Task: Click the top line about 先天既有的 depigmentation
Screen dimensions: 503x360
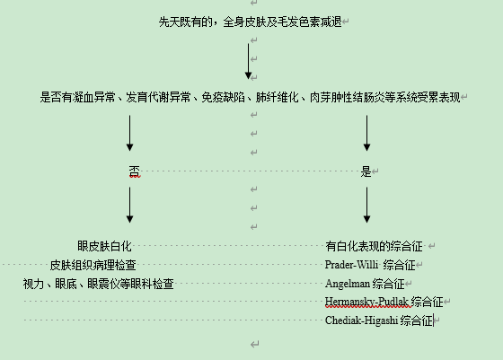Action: coord(251,22)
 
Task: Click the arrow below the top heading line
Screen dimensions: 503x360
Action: coord(248,61)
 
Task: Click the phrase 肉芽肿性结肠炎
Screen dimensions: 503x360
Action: coord(347,97)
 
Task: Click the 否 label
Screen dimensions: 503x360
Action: coord(135,171)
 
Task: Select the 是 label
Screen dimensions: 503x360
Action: coord(366,171)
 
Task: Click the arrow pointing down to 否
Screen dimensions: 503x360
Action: coord(129,133)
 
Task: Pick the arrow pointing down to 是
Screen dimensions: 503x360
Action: coord(367,133)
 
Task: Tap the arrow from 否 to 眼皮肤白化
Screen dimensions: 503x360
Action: coord(129,205)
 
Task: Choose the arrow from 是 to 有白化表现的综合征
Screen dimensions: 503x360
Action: coord(367,205)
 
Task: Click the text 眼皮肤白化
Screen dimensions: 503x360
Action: coord(104,246)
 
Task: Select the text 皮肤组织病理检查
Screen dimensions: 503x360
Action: coord(93,265)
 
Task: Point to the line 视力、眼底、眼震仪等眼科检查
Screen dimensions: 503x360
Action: coord(99,284)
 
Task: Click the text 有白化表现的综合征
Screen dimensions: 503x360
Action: coord(374,246)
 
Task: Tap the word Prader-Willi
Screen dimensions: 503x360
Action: coord(351,265)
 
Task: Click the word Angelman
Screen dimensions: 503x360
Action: coord(348,284)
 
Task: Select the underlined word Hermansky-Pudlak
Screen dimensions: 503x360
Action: coord(366,302)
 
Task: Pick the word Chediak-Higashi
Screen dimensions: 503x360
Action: coord(361,320)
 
